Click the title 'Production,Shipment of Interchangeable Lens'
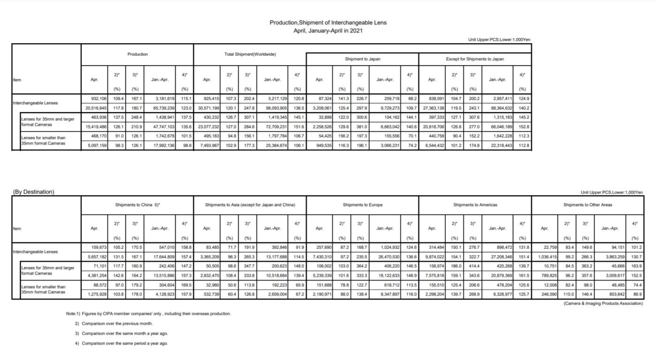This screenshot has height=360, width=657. tap(328, 23)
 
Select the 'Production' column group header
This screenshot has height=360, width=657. tap(138, 54)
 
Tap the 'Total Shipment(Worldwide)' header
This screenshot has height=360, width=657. tap(249, 54)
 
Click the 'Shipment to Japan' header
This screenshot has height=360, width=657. tap(362, 59)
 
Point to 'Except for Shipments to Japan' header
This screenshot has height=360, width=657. tap(474, 59)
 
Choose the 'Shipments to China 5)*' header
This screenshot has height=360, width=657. tap(138, 205)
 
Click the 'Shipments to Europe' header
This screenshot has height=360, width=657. tap(362, 205)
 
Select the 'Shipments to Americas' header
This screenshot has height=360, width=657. tap(474, 205)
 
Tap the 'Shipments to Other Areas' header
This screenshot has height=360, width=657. tap(588, 205)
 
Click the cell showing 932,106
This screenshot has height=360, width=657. tap(97, 99)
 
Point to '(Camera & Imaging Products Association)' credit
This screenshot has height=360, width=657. tap(603, 304)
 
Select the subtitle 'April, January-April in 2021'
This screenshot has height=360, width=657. tap(328, 31)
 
